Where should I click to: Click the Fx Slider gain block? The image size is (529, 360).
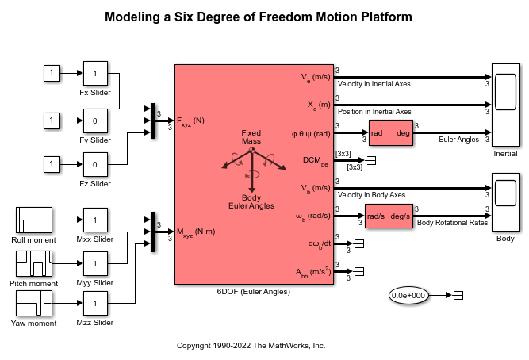coord(95,73)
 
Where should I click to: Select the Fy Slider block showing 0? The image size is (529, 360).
coord(95,121)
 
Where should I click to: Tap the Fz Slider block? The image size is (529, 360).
coord(95,164)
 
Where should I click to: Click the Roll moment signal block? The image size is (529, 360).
coord(34,220)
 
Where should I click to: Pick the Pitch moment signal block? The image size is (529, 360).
coord(34,263)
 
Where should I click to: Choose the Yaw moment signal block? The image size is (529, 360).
coord(34,304)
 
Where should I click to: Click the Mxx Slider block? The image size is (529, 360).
coord(95,220)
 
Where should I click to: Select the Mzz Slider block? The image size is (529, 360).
coord(95,304)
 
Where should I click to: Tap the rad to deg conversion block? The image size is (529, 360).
coord(391,133)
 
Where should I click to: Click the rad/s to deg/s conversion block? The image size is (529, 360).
coord(389,216)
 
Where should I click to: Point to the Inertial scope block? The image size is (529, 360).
coord(506,105)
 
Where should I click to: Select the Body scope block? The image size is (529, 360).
coord(506,202)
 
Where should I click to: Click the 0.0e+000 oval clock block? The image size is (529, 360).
coord(408,296)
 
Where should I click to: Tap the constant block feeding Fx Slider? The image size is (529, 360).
coord(52,73)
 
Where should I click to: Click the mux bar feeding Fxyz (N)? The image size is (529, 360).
coord(153,121)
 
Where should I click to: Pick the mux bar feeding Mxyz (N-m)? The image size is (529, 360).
coord(153,232)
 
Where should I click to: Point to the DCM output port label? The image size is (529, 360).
coord(316,161)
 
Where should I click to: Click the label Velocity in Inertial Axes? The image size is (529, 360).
coord(374,84)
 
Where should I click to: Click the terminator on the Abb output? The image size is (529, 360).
coord(359,271)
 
